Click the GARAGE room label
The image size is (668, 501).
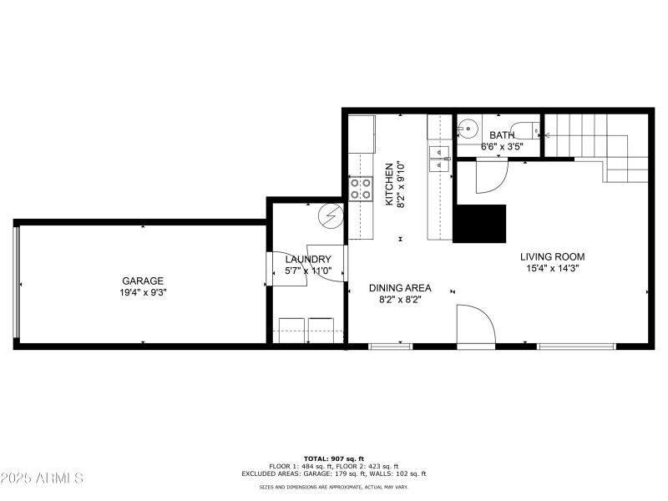[143, 281]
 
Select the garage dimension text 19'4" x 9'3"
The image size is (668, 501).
[143, 293]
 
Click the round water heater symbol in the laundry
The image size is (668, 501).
[331, 215]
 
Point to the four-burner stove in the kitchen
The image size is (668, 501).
[361, 189]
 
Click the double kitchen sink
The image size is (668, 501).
[439, 157]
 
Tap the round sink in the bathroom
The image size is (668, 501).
[467, 129]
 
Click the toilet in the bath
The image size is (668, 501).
[527, 130]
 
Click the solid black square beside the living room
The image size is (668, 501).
[480, 223]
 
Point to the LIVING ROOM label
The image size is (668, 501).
[552, 257]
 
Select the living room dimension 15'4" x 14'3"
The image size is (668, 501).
[552, 269]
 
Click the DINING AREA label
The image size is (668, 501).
[400, 287]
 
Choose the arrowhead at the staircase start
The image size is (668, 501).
[547, 134]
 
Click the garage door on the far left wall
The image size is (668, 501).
[16, 284]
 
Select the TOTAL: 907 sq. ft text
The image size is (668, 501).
[333, 458]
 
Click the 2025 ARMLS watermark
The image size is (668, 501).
[42, 478]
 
